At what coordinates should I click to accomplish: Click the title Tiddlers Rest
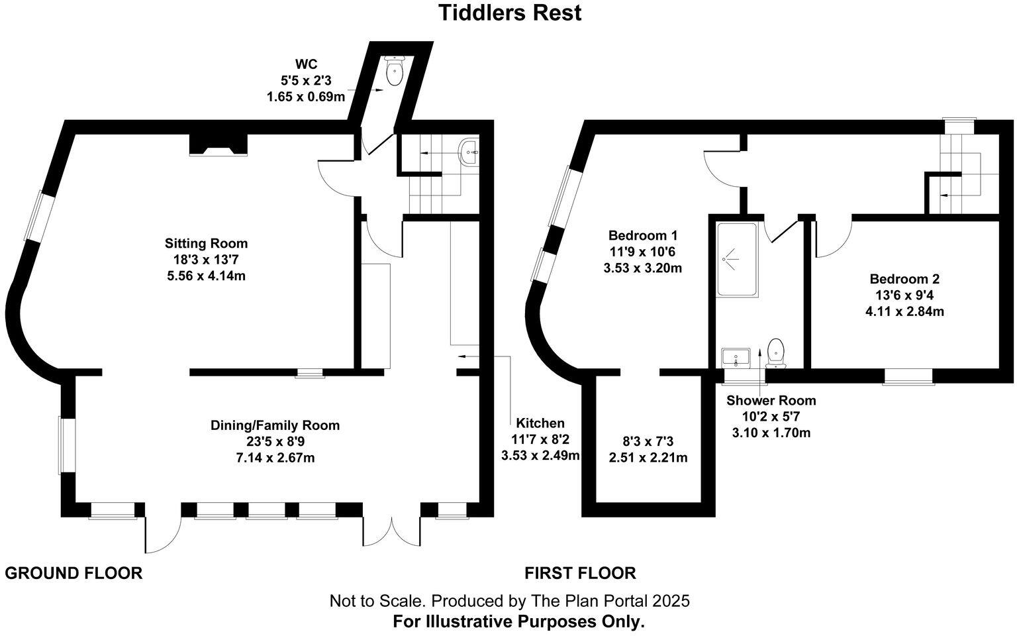point(510,13)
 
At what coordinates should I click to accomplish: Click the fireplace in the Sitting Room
point(218,144)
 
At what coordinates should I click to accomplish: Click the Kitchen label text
point(540,423)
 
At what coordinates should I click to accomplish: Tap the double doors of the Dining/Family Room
point(391,530)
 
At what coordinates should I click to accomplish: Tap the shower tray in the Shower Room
point(735,260)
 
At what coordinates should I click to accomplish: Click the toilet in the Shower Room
point(775,352)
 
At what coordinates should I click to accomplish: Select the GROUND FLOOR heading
point(73,573)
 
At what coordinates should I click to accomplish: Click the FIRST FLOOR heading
point(580,573)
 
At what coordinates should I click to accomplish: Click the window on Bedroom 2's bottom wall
point(908,376)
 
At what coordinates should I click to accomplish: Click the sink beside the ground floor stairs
point(471,152)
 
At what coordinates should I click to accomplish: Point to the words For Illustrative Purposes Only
point(518,622)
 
